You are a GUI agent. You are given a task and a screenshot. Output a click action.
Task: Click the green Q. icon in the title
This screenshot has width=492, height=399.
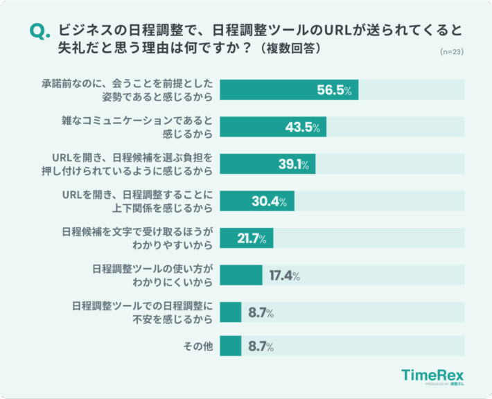pos(40,33)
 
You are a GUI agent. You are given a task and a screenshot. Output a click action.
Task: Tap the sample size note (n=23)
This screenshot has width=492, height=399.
pos(452,52)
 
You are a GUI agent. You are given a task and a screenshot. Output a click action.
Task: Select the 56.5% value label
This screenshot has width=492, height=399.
pos(335,91)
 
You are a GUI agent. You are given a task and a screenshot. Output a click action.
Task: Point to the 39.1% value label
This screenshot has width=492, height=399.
pos(292,164)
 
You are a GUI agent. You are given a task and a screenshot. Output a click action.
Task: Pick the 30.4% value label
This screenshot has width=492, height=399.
pos(271,202)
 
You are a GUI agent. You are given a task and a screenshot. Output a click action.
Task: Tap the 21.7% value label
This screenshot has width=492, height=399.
pos(252,238)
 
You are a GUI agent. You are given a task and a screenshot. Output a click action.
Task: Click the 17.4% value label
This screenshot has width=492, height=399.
pos(284,275)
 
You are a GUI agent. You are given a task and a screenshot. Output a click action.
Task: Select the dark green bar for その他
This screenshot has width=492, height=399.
pos(231,345)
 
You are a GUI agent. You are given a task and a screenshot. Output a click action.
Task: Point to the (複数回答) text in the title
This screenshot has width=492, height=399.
pos(290,50)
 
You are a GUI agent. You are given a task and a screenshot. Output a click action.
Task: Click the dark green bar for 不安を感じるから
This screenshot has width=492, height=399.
pos(231,312)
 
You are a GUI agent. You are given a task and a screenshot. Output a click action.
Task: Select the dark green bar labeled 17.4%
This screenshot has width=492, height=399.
pos(241,275)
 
